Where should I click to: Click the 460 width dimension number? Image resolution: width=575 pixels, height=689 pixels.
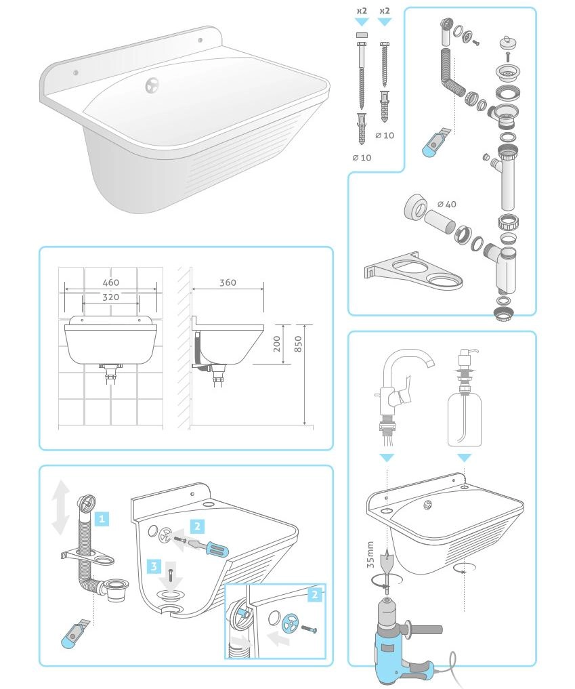click(110, 283)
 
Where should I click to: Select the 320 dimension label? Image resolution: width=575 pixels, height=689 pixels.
click(110, 297)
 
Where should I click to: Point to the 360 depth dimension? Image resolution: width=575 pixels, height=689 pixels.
click(228, 283)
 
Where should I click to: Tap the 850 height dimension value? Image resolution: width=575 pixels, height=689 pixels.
click(298, 344)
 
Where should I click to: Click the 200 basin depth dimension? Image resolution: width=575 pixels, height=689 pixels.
click(277, 344)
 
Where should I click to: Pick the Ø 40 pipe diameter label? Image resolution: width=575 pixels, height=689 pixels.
click(447, 204)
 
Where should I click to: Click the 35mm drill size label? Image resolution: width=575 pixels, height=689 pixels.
click(370, 555)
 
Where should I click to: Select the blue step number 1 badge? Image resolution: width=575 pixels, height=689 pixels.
click(102, 519)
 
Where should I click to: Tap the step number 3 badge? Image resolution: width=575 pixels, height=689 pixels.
click(154, 566)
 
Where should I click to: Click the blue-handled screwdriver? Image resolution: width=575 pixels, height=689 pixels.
click(209, 546)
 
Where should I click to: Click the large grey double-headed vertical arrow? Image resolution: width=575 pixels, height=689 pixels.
click(61, 507)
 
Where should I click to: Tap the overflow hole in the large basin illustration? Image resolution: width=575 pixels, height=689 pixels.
click(152, 85)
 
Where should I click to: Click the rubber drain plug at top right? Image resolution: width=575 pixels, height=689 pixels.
click(508, 44)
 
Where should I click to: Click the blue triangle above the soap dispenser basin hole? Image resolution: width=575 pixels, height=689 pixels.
click(465, 458)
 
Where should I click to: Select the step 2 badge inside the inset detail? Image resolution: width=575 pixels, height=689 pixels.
click(314, 595)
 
